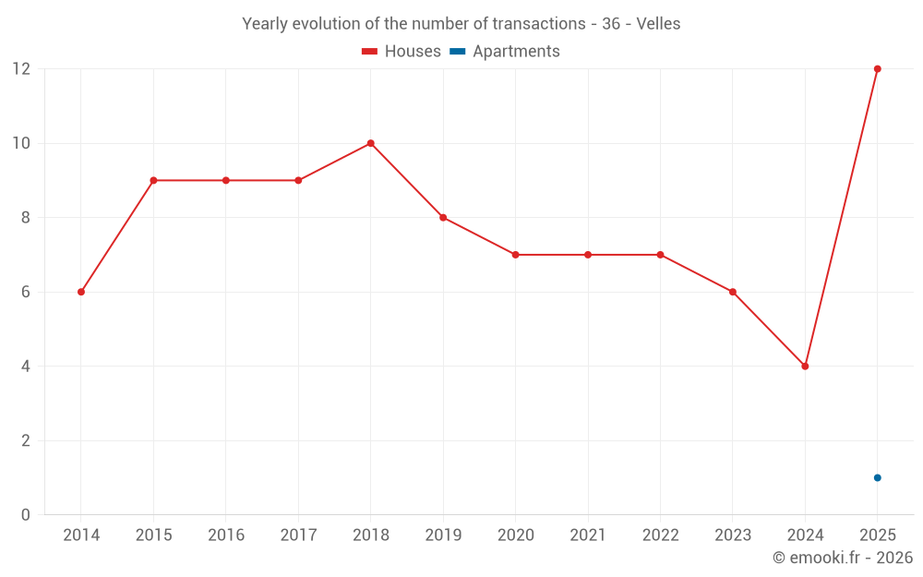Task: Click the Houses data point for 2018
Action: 371,143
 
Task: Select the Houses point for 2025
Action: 878,69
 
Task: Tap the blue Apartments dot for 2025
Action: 878,477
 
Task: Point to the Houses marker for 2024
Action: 805,367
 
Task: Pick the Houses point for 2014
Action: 81,292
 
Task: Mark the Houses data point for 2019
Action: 443,218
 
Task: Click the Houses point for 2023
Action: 733,292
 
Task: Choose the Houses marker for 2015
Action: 153,180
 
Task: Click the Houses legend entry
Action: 402,51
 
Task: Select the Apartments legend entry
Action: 505,51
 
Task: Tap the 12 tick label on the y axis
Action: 22,69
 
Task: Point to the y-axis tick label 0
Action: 25,514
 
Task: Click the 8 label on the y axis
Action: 25,218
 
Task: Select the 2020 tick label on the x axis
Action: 516,535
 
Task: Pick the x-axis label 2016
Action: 226,535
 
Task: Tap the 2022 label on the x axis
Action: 661,535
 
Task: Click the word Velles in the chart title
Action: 658,24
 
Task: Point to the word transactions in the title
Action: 539,24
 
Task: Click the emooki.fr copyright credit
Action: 843,557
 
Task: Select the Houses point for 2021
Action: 588,255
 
